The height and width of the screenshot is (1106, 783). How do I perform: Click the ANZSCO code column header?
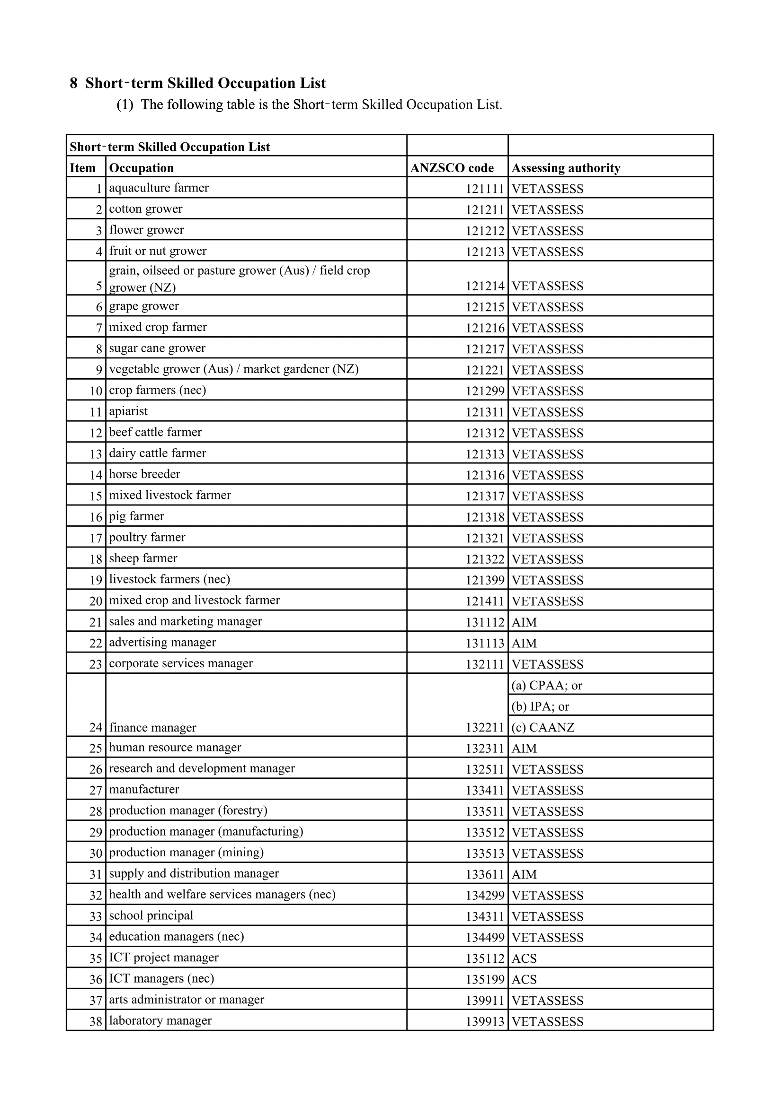point(452,168)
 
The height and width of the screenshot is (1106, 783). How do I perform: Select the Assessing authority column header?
point(566,168)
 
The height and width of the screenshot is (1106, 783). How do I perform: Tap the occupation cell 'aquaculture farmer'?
point(159,188)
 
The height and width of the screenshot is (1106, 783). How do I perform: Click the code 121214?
point(485,286)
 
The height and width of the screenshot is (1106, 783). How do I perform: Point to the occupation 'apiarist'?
point(128,411)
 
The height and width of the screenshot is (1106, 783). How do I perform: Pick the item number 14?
point(96,475)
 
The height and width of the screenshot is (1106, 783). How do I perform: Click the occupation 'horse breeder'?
point(145,474)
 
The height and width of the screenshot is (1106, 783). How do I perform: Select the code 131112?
point(485,622)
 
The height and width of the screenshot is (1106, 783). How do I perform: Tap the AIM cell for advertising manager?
point(524,643)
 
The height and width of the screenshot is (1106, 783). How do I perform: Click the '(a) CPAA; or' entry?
point(547,685)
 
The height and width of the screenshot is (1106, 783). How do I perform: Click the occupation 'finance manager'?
point(152,727)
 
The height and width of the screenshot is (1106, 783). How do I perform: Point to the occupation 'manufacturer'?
point(144,790)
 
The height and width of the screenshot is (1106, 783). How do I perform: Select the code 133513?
point(485,853)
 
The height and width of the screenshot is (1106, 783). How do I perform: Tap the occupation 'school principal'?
point(151,916)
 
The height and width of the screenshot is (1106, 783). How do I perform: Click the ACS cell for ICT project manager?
point(524,958)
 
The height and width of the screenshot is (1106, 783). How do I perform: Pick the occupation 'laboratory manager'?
point(160,1021)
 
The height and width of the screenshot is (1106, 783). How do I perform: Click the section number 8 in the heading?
point(73,83)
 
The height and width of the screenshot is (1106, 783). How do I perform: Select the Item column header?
point(82,168)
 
